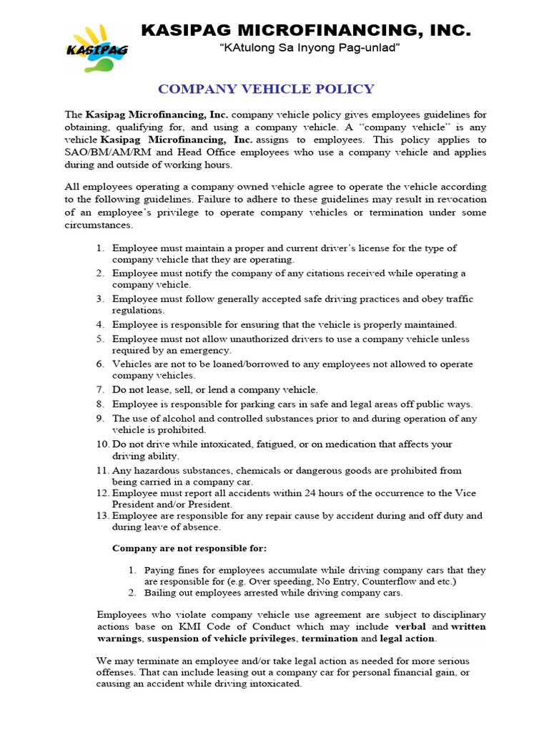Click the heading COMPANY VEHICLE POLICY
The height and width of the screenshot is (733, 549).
(266, 89)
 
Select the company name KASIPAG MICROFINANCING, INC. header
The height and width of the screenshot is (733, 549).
(306, 30)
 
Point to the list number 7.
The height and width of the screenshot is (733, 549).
(100, 389)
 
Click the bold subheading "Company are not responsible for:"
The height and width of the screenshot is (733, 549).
(189, 548)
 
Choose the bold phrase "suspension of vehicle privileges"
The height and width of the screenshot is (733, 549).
(223, 638)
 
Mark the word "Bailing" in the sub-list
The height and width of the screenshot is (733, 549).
(161, 593)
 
